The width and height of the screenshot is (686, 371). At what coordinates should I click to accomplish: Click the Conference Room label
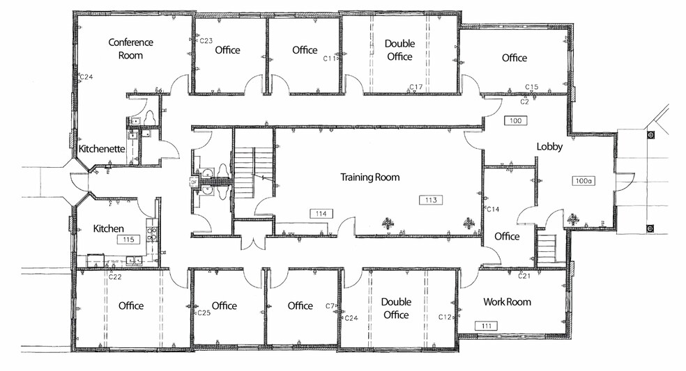click(130, 48)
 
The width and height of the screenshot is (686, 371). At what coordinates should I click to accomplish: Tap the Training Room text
click(369, 177)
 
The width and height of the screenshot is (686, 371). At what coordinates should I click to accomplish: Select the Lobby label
click(549, 147)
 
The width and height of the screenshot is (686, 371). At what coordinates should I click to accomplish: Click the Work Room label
click(507, 302)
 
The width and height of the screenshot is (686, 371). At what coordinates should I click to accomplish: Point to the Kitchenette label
click(102, 149)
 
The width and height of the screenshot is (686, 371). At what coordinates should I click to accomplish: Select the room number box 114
click(321, 214)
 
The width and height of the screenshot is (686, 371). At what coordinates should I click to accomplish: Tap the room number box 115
click(128, 239)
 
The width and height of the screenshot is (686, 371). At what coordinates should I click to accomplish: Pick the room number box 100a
click(584, 180)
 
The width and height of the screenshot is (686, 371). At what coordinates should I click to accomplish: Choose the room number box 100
click(516, 120)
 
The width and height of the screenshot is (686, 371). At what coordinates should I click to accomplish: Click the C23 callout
click(206, 41)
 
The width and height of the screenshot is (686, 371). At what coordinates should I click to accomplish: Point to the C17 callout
click(416, 87)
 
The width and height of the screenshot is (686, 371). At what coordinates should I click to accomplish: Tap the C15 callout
click(532, 87)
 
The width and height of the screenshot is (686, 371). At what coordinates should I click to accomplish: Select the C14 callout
click(493, 209)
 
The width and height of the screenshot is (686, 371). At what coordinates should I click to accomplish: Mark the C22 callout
click(115, 277)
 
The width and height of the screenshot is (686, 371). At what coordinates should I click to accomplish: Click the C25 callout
click(204, 313)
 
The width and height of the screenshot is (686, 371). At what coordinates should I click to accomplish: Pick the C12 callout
click(445, 317)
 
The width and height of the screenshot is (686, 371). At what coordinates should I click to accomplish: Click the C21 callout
click(525, 276)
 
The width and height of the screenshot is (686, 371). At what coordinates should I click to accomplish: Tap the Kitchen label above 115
click(109, 228)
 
